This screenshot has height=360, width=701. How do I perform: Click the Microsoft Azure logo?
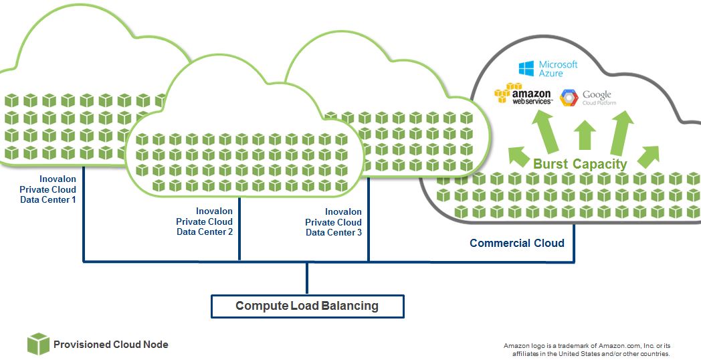(548, 68)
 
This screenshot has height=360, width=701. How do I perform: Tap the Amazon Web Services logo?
(523, 94)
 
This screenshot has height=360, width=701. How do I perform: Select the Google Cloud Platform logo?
(587, 98)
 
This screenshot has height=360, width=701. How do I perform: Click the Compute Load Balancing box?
(307, 306)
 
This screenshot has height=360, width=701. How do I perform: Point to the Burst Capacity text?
(580, 164)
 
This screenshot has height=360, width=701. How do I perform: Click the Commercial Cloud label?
(516, 243)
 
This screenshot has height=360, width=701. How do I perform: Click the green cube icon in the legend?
(38, 344)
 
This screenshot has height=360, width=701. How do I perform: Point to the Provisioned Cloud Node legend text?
(111, 345)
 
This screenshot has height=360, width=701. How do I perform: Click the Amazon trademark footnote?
(586, 349)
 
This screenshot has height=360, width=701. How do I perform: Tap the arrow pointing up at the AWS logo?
(546, 130)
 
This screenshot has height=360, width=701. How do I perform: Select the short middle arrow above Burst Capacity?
(585, 135)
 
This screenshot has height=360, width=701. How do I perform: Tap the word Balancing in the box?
(349, 306)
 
